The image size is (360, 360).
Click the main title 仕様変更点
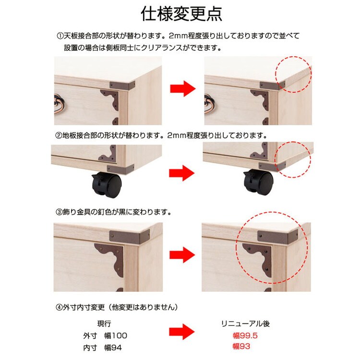click(x=181, y=14)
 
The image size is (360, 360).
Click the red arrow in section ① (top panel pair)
click(x=182, y=88)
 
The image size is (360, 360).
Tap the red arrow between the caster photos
click(x=181, y=173)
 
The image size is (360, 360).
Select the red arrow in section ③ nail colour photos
click(x=182, y=254)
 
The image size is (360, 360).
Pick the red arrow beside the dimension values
click(x=182, y=332)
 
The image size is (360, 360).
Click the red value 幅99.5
click(x=245, y=336)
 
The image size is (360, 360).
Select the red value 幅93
click(x=241, y=346)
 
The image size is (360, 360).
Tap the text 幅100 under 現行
click(x=116, y=336)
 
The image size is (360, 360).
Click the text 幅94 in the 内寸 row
click(x=113, y=348)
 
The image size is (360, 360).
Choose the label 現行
click(x=104, y=324)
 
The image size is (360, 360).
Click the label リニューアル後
click(x=245, y=324)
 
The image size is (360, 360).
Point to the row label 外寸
click(x=90, y=336)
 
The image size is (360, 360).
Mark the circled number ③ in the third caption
click(x=59, y=212)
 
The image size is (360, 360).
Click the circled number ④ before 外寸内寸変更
click(x=59, y=307)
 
